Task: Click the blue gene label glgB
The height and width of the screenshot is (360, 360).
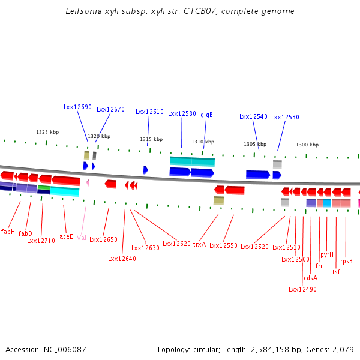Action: [206, 115]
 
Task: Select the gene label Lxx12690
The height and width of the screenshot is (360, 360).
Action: [77, 107]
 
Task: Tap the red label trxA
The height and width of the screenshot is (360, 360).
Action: [199, 244]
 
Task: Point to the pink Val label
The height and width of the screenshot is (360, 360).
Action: [81, 238]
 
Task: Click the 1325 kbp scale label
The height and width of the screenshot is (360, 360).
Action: [47, 132]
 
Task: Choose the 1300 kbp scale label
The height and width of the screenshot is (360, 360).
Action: [307, 145]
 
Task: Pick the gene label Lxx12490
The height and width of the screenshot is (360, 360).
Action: [302, 289]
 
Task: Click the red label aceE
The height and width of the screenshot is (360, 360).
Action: [66, 237]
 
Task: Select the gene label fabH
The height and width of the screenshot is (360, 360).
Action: [8, 232]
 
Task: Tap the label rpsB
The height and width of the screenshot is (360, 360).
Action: [346, 261]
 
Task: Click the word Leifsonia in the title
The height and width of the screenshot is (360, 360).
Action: [83, 11]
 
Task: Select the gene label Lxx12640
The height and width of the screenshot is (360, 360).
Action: [122, 259]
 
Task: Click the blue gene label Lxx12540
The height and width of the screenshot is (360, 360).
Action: [253, 116]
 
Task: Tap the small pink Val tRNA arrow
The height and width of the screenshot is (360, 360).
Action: [88, 182]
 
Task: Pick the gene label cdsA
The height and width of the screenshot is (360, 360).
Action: [310, 278]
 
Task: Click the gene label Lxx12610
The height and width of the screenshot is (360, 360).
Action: [149, 112]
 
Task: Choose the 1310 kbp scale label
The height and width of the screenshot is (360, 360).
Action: [203, 142]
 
